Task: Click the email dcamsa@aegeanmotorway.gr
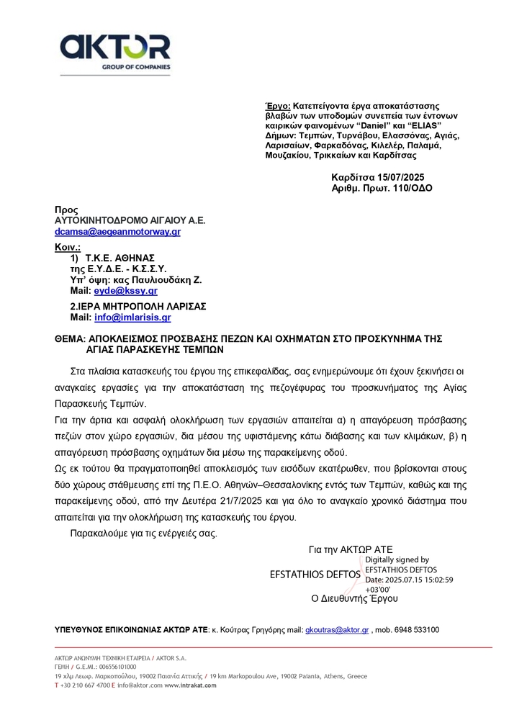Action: [x=117, y=232]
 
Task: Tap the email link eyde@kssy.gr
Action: [x=125, y=291]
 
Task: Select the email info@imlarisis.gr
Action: [x=132, y=317]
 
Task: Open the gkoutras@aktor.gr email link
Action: [x=337, y=630]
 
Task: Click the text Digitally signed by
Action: [x=397, y=559]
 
